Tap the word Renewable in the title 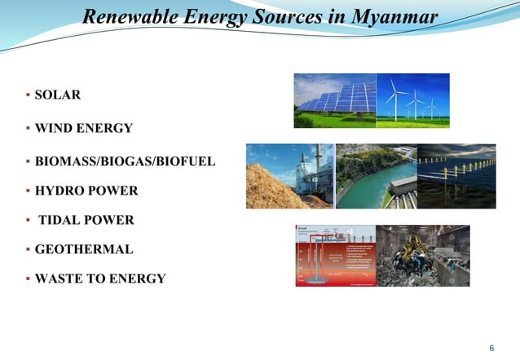[x=121, y=17]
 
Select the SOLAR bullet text [x=57, y=95]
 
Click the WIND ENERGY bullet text [x=83, y=128]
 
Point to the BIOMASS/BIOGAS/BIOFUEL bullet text [x=125, y=161]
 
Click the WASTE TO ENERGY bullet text [x=99, y=279]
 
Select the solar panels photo [x=335, y=100]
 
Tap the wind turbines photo [x=412, y=100]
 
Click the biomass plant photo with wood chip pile [x=290, y=176]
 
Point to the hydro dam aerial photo [x=376, y=176]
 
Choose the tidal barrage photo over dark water [x=456, y=176]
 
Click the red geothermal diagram [x=335, y=255]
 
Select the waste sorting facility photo [x=423, y=255]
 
